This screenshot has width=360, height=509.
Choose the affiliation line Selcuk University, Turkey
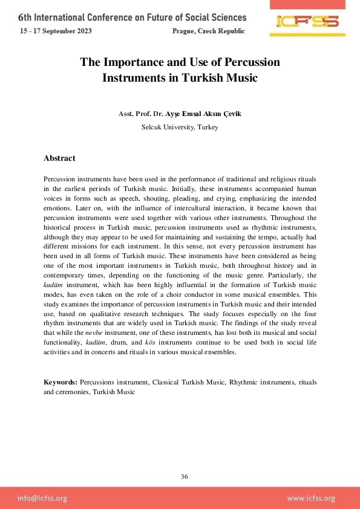[x=180, y=128]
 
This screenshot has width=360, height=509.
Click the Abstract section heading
[x=59, y=158]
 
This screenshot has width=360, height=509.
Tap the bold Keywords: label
[x=61, y=383]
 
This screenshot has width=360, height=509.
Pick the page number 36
[x=185, y=477]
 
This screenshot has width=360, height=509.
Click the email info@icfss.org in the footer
[x=42, y=498]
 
